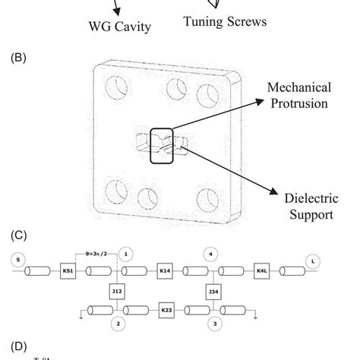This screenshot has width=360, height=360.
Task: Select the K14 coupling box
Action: point(163,270)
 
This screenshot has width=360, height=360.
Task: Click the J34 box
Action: point(213,291)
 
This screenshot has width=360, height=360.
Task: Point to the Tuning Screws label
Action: point(225,22)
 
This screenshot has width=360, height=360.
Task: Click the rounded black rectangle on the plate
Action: point(163,142)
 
